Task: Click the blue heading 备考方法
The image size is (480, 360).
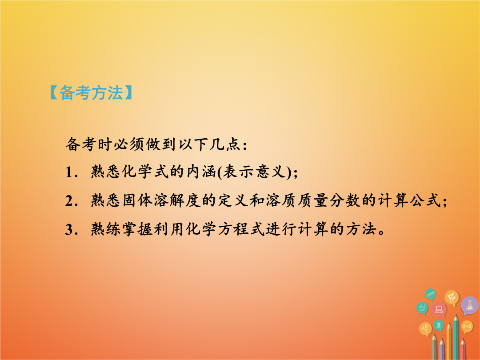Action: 91,92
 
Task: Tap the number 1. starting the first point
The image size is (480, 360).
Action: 71,172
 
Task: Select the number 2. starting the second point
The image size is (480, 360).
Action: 71,201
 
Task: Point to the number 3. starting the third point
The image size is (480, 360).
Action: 71,230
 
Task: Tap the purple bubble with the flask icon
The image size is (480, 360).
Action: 469,305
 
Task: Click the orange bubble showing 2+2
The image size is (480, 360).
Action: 467,327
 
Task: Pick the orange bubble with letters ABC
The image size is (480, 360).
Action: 425,329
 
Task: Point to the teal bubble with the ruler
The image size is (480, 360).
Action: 430,294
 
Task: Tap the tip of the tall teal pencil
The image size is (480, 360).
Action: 456,315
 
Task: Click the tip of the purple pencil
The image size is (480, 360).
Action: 442,339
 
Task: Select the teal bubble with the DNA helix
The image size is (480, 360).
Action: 439,325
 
